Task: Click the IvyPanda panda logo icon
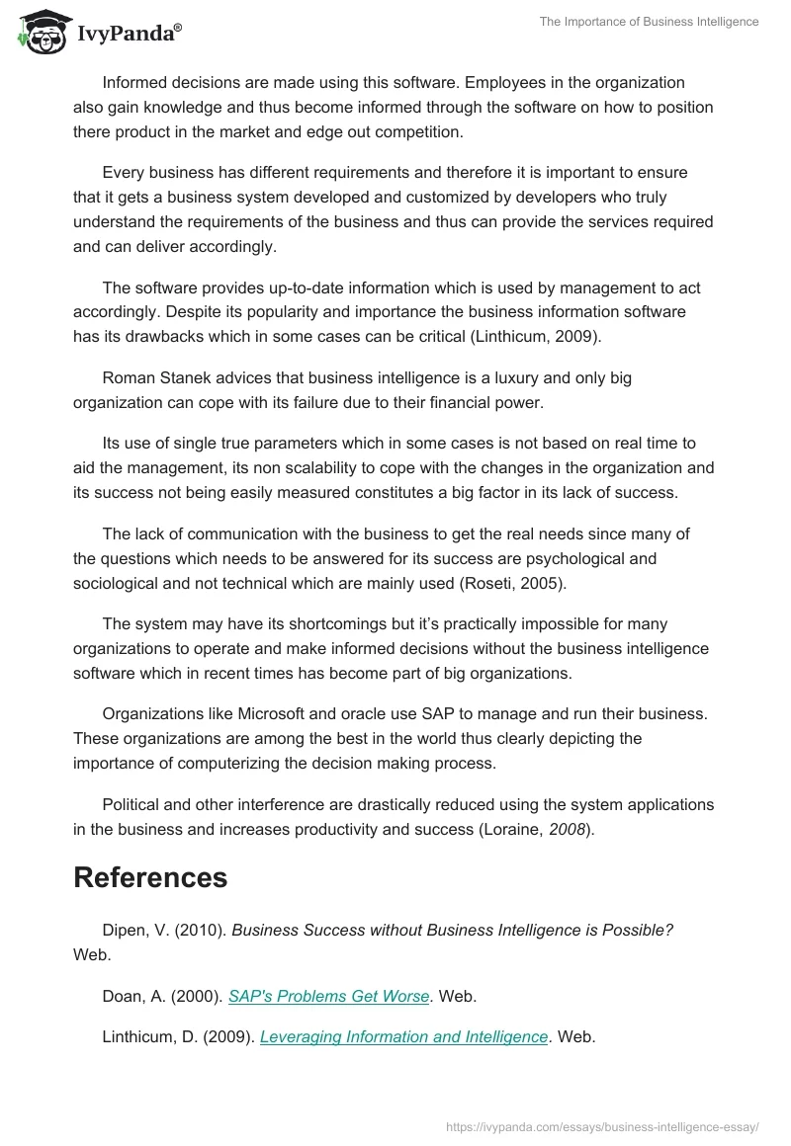point(40,31)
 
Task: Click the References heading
point(150,877)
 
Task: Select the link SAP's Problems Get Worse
point(328,997)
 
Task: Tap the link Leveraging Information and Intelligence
point(403,1036)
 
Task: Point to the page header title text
point(649,22)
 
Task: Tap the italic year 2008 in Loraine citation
point(566,830)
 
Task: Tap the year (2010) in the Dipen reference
point(201,931)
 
